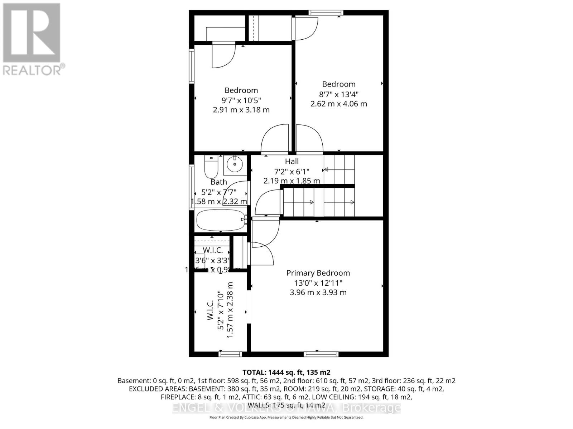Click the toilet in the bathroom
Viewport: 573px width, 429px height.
tap(211, 167)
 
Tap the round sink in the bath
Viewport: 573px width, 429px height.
tap(235, 164)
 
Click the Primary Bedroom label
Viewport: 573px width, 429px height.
tap(318, 273)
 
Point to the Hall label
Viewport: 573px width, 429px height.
tap(292, 162)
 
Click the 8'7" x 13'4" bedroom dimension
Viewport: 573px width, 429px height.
tap(338, 94)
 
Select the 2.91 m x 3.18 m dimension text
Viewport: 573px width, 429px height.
tap(241, 110)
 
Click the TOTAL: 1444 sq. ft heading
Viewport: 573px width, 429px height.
tap(286, 372)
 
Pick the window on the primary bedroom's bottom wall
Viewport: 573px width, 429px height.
tap(321, 354)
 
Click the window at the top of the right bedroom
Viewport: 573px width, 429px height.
tap(326, 13)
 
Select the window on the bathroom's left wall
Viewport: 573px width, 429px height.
tap(192, 186)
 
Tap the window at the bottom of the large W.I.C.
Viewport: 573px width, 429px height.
tap(230, 354)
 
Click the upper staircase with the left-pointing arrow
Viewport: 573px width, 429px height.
tap(339, 169)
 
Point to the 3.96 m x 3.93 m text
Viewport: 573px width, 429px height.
tap(318, 292)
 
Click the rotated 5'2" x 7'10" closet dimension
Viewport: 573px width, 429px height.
tap(221, 310)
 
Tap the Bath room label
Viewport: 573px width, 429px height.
tap(219, 182)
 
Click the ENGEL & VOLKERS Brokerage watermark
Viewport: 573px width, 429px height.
tap(286, 408)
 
